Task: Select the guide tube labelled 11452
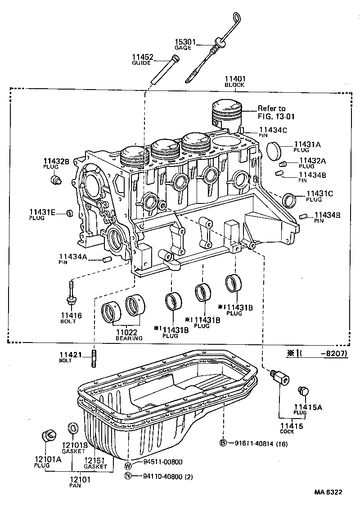tap(165, 70)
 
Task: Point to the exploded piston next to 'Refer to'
tap(228, 114)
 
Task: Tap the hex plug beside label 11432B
tap(56, 180)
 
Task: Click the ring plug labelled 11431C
tap(290, 199)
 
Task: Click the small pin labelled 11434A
tap(107, 259)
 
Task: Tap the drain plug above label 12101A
tap(48, 436)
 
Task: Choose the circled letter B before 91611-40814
tap(223, 443)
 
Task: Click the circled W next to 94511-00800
tap(128, 465)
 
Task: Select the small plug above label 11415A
tap(302, 390)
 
